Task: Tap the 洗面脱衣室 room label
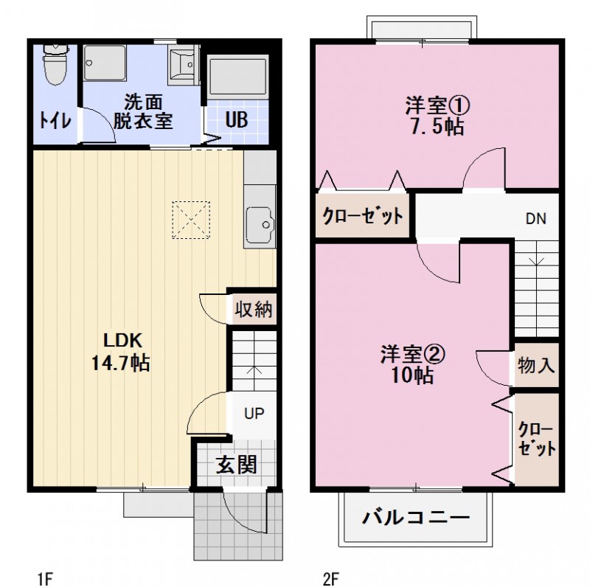(143, 111)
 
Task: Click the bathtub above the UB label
(237, 77)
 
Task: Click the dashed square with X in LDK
(192, 220)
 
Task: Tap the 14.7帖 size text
(122, 363)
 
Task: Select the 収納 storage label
(253, 310)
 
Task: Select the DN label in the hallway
(536, 219)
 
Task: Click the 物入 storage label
(536, 365)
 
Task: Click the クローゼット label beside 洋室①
(362, 216)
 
